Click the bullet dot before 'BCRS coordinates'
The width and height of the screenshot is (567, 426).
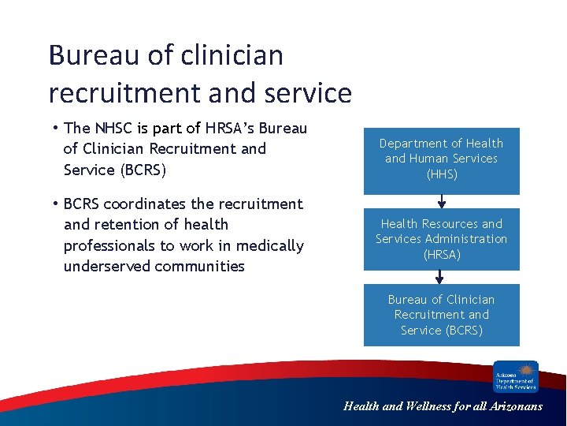point(57,204)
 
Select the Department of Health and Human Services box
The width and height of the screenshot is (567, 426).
point(441,161)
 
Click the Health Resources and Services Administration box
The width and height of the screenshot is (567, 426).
point(441,239)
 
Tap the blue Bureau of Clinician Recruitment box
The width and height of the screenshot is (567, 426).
point(441,315)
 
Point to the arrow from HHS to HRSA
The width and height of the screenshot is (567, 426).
point(439,200)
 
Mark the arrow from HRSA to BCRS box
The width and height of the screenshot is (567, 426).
point(439,276)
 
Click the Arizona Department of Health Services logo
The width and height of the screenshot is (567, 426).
point(516,376)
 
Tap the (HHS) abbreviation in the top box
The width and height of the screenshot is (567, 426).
point(441,174)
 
